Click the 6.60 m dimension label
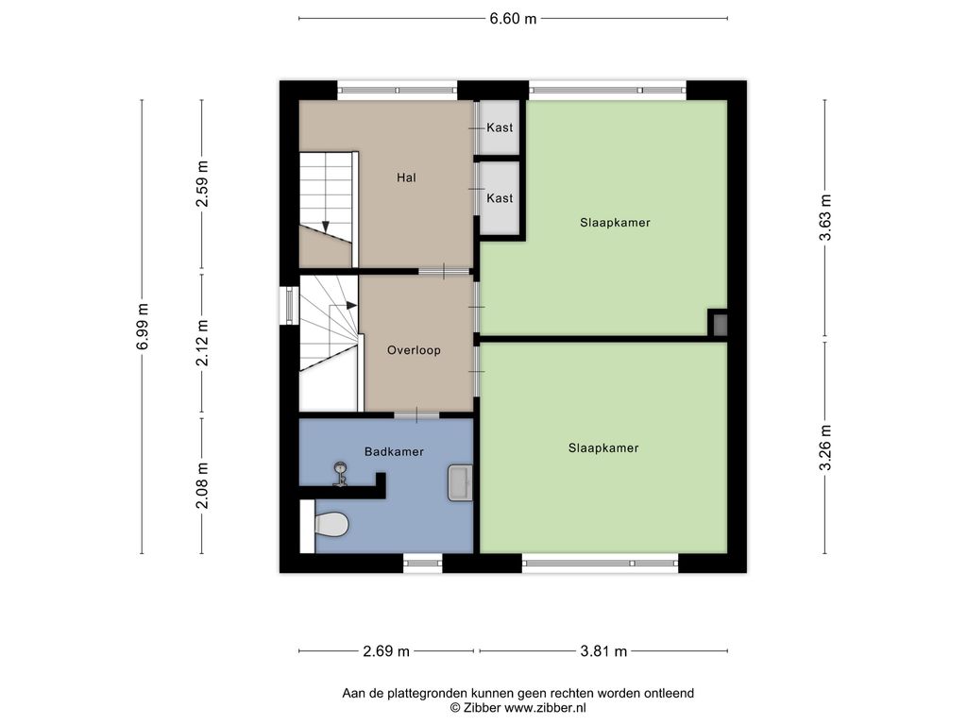click(513, 19)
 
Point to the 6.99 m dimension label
click(143, 326)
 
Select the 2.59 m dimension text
click(202, 184)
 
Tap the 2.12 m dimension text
click(202, 343)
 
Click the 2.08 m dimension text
click(202, 486)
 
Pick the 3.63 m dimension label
click(825, 217)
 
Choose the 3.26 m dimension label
click(825, 447)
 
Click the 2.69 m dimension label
click(386, 651)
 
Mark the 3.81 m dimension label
click(603, 651)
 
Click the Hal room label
click(406, 177)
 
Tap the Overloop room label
click(414, 350)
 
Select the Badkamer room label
click(394, 452)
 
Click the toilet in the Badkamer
click(331, 525)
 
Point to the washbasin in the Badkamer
click(460, 482)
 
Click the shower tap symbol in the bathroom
click(340, 474)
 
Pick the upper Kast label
click(500, 127)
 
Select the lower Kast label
click(500, 198)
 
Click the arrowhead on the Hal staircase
click(326, 227)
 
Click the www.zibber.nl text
click(545, 708)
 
